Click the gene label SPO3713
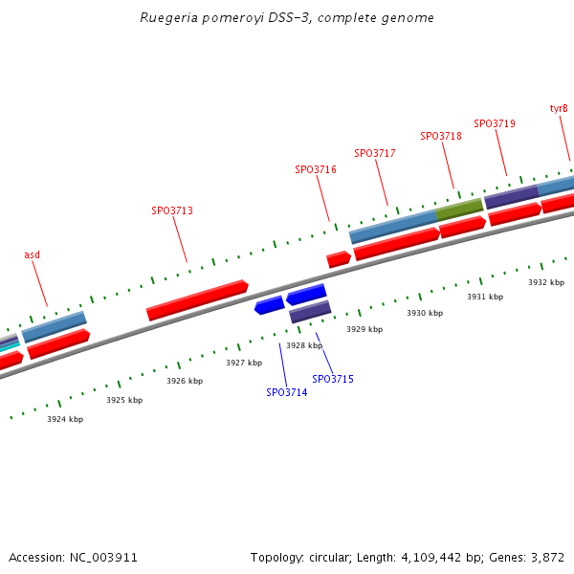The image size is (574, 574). click(172, 210)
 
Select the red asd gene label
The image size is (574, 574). click(33, 254)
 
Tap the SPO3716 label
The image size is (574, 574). click(316, 169)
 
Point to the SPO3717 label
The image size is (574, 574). click(375, 153)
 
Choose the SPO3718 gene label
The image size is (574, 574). click(441, 136)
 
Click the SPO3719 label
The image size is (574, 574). click(495, 123)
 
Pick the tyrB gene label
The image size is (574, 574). click(559, 108)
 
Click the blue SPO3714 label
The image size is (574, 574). click(287, 392)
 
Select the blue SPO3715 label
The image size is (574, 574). click(333, 379)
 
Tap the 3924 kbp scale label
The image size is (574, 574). click(65, 419)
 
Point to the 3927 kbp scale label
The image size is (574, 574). click(244, 363)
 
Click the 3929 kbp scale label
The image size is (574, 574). click(364, 329)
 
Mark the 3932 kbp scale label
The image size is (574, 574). click(546, 282)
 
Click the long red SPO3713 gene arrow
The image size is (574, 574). click(197, 300)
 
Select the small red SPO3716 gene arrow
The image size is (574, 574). click(339, 259)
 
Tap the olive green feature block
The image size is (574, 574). click(459, 209)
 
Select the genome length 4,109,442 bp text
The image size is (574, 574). click(419, 557)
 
